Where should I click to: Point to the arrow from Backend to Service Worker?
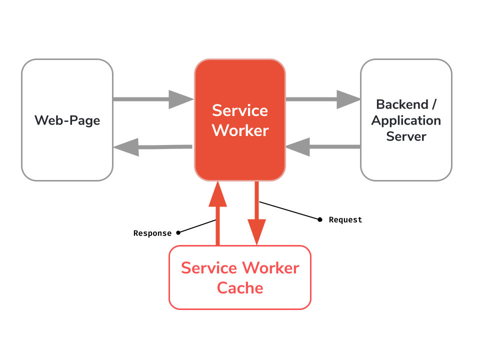pos(322,147)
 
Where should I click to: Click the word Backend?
pos(402,104)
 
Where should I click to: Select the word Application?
pos(406,120)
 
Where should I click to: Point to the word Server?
pos(406,136)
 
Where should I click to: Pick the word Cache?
pos(240,288)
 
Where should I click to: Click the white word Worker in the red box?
pos(240,130)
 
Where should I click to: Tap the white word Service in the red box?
pos(240,110)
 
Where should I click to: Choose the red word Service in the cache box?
pos(209,268)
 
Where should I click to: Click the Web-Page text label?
pos(67,120)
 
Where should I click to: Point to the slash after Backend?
pos(433,104)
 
